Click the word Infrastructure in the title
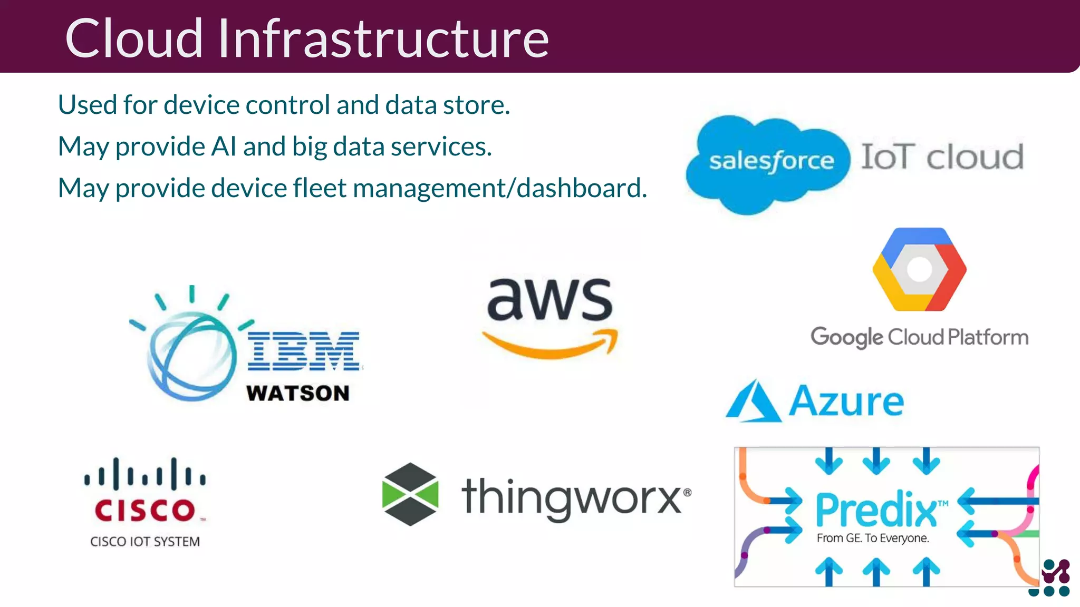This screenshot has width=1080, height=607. tap(383, 38)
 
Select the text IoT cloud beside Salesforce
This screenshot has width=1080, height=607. tap(942, 157)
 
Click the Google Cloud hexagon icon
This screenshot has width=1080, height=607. tap(919, 269)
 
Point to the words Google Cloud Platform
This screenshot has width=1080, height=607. tap(919, 337)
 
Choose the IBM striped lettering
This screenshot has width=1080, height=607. tap(304, 351)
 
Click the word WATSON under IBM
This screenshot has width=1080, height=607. tap(298, 393)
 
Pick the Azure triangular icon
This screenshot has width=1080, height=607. tap(753, 402)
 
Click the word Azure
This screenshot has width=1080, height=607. tap(846, 402)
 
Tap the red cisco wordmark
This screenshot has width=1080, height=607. tap(145, 510)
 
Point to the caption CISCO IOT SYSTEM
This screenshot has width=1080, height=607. tap(145, 542)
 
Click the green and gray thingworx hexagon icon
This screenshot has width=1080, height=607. tap(410, 494)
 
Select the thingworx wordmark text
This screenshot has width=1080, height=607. tap(572, 497)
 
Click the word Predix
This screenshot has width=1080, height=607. tap(876, 510)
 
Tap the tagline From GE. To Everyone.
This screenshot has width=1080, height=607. tap(873, 538)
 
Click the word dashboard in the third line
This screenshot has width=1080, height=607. tap(582, 188)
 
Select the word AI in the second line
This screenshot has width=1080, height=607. tap(224, 146)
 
